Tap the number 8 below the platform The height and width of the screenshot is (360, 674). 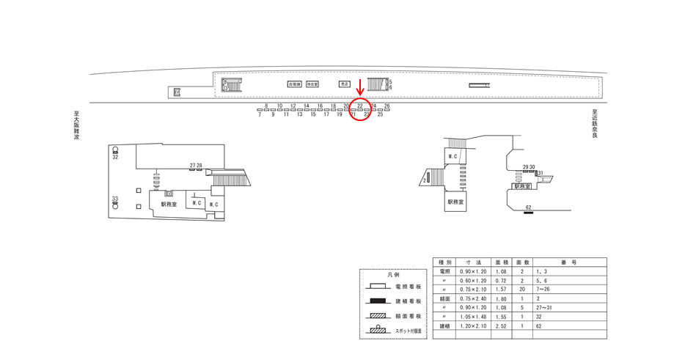pos(266,106)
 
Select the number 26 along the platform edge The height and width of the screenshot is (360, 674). pos(387,106)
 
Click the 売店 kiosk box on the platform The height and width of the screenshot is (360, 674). pos(345,84)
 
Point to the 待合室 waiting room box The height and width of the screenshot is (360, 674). pos(312,84)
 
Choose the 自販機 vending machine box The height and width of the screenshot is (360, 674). pos(294,84)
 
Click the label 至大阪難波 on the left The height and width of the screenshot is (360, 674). pos(76,125)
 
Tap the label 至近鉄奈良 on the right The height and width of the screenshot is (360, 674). pos(595,125)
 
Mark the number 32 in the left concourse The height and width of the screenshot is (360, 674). pos(115,157)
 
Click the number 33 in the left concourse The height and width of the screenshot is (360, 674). pos(115,199)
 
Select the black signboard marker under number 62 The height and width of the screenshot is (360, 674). pos(528,213)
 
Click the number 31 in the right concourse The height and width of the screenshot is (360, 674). pos(540,173)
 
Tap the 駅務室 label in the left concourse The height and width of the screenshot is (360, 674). pos(169,205)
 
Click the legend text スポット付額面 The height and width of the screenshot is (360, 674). pos(409,331)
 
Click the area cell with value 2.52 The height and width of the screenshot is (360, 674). pos(502,326)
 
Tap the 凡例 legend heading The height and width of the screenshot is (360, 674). pos(394,275)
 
